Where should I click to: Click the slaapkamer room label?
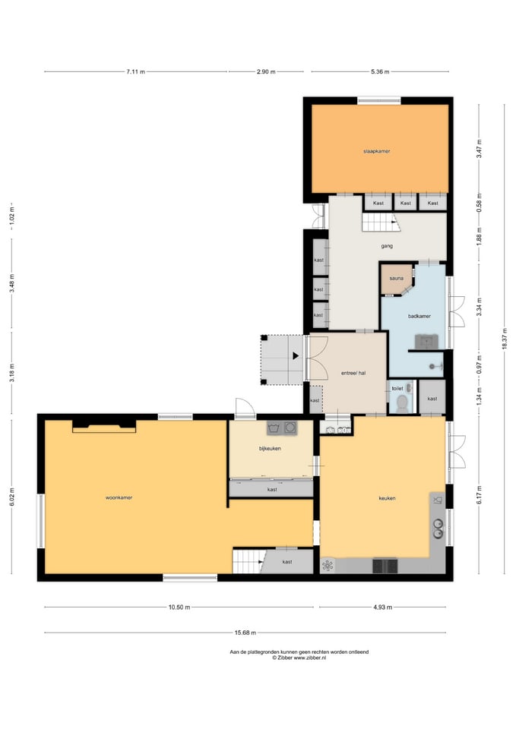[376, 152]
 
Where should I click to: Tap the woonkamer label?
[119, 498]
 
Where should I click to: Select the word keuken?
[387, 498]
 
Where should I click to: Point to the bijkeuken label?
[270, 449]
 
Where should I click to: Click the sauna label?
[397, 279]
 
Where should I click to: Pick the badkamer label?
[419, 316]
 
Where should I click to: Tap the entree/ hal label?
[353, 373]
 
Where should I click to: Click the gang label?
[387, 246]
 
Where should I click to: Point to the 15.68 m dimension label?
[245, 633]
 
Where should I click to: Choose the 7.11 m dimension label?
[135, 71]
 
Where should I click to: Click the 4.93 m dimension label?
[382, 607]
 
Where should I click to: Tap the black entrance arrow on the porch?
[296, 356]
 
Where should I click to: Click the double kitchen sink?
[438, 529]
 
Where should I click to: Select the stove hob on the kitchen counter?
[385, 566]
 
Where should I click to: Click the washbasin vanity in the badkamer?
[428, 341]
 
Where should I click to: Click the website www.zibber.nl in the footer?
[309, 658]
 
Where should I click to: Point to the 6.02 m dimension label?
[12, 498]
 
